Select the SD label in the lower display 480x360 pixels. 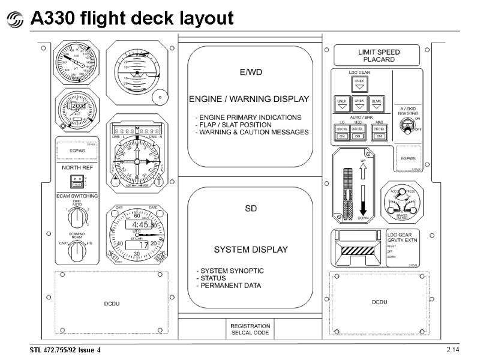(250, 209)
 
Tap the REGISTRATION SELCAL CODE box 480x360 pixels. (250, 329)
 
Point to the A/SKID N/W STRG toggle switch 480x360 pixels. (408, 124)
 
